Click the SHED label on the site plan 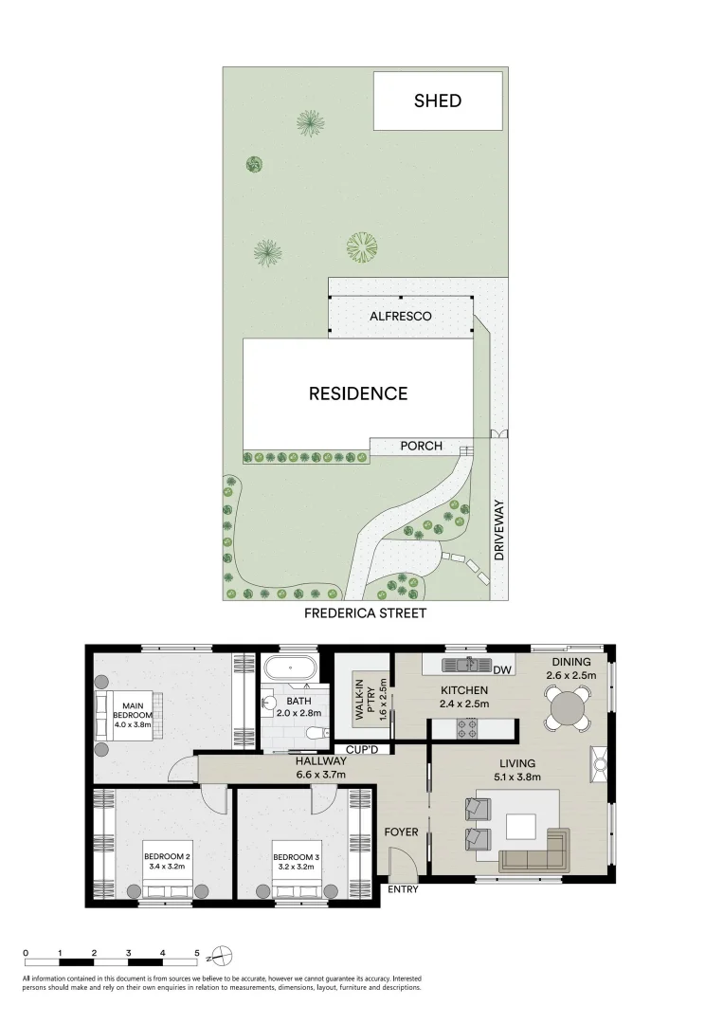tap(438, 101)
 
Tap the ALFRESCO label tap(400, 316)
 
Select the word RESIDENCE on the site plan tap(358, 393)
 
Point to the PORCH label tap(421, 446)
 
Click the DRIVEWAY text tap(499, 530)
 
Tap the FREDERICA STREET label tap(365, 613)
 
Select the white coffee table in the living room tap(521, 826)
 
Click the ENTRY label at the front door tap(402, 889)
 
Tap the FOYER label tap(401, 832)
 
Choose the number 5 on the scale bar tap(197, 953)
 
